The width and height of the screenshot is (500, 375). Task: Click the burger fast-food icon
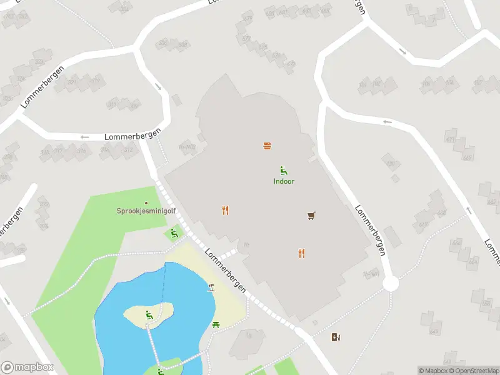267,146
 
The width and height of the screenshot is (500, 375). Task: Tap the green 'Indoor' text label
284,181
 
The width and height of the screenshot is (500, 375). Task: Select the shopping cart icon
311,216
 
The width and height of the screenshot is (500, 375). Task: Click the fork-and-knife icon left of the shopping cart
225,210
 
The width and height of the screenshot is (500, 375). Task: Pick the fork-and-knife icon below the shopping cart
302,253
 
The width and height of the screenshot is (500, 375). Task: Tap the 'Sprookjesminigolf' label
146,211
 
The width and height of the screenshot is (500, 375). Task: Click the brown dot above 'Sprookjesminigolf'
146,202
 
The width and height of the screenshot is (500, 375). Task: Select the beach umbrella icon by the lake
212,287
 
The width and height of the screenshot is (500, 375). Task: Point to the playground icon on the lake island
149,315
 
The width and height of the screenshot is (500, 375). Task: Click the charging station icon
337,337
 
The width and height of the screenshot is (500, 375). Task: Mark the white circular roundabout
391,284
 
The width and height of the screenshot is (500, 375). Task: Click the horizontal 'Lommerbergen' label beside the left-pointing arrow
132,136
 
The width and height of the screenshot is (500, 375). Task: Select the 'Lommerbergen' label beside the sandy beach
226,271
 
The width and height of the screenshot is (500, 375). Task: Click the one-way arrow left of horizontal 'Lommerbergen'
85,137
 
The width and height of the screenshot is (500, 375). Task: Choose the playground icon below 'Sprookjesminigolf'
174,233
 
